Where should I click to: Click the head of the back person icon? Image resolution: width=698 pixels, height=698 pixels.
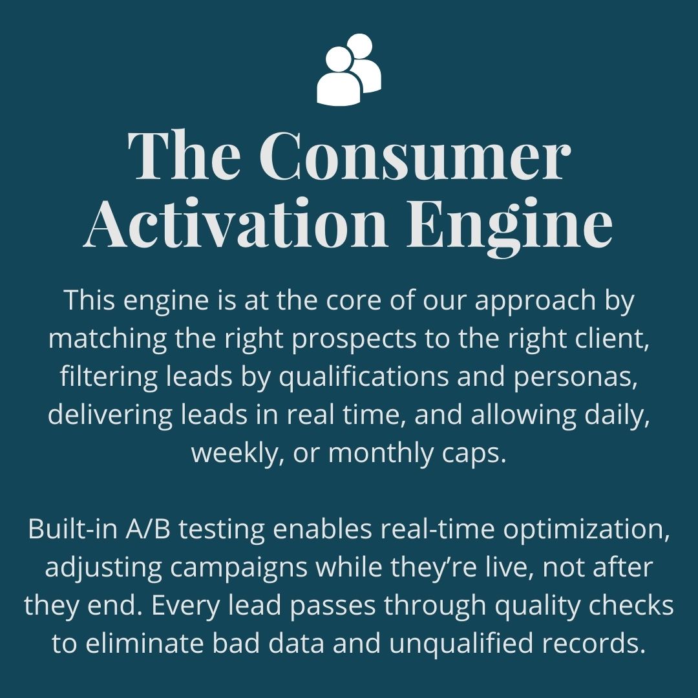pyautogui.click(x=359, y=47)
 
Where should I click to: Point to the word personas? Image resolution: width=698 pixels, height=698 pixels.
pyautogui.click(x=575, y=377)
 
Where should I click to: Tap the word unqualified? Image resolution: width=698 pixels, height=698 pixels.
pyautogui.click(x=489, y=644)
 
